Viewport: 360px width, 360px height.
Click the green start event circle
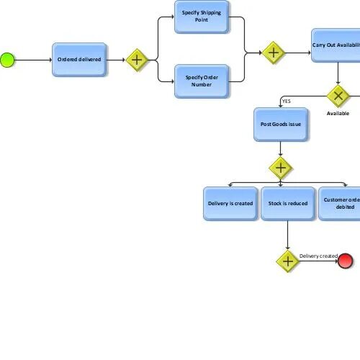pyautogui.click(x=7, y=60)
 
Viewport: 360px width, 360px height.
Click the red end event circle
pyautogui.click(x=346, y=261)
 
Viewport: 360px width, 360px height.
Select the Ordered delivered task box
pyautogui.click(x=79, y=59)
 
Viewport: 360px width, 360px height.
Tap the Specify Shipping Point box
pyautogui.click(x=202, y=17)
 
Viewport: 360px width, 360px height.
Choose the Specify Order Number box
pyautogui.click(x=202, y=81)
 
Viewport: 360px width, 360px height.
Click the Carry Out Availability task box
pyautogui.click(x=336, y=45)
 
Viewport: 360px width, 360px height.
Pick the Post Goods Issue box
pyautogui.click(x=281, y=125)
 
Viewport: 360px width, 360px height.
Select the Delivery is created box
pyautogui.click(x=230, y=204)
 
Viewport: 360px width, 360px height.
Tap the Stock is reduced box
pyautogui.click(x=288, y=204)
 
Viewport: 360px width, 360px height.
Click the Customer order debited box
pyautogui.click(x=340, y=204)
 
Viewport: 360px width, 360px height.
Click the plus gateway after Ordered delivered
pyautogui.click(x=137, y=60)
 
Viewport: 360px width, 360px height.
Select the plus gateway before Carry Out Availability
pyautogui.click(x=274, y=53)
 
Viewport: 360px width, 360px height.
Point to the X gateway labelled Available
pyautogui.click(x=338, y=96)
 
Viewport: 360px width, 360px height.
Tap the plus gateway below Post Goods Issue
pyautogui.click(x=281, y=168)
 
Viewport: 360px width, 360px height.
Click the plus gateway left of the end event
pyautogui.click(x=287, y=261)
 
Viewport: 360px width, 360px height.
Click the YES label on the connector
pyautogui.click(x=287, y=101)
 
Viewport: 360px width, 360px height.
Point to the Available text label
pyautogui.click(x=338, y=113)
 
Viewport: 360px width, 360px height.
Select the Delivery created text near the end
pyautogui.click(x=318, y=256)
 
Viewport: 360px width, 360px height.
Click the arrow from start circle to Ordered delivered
pyautogui.click(x=32, y=60)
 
